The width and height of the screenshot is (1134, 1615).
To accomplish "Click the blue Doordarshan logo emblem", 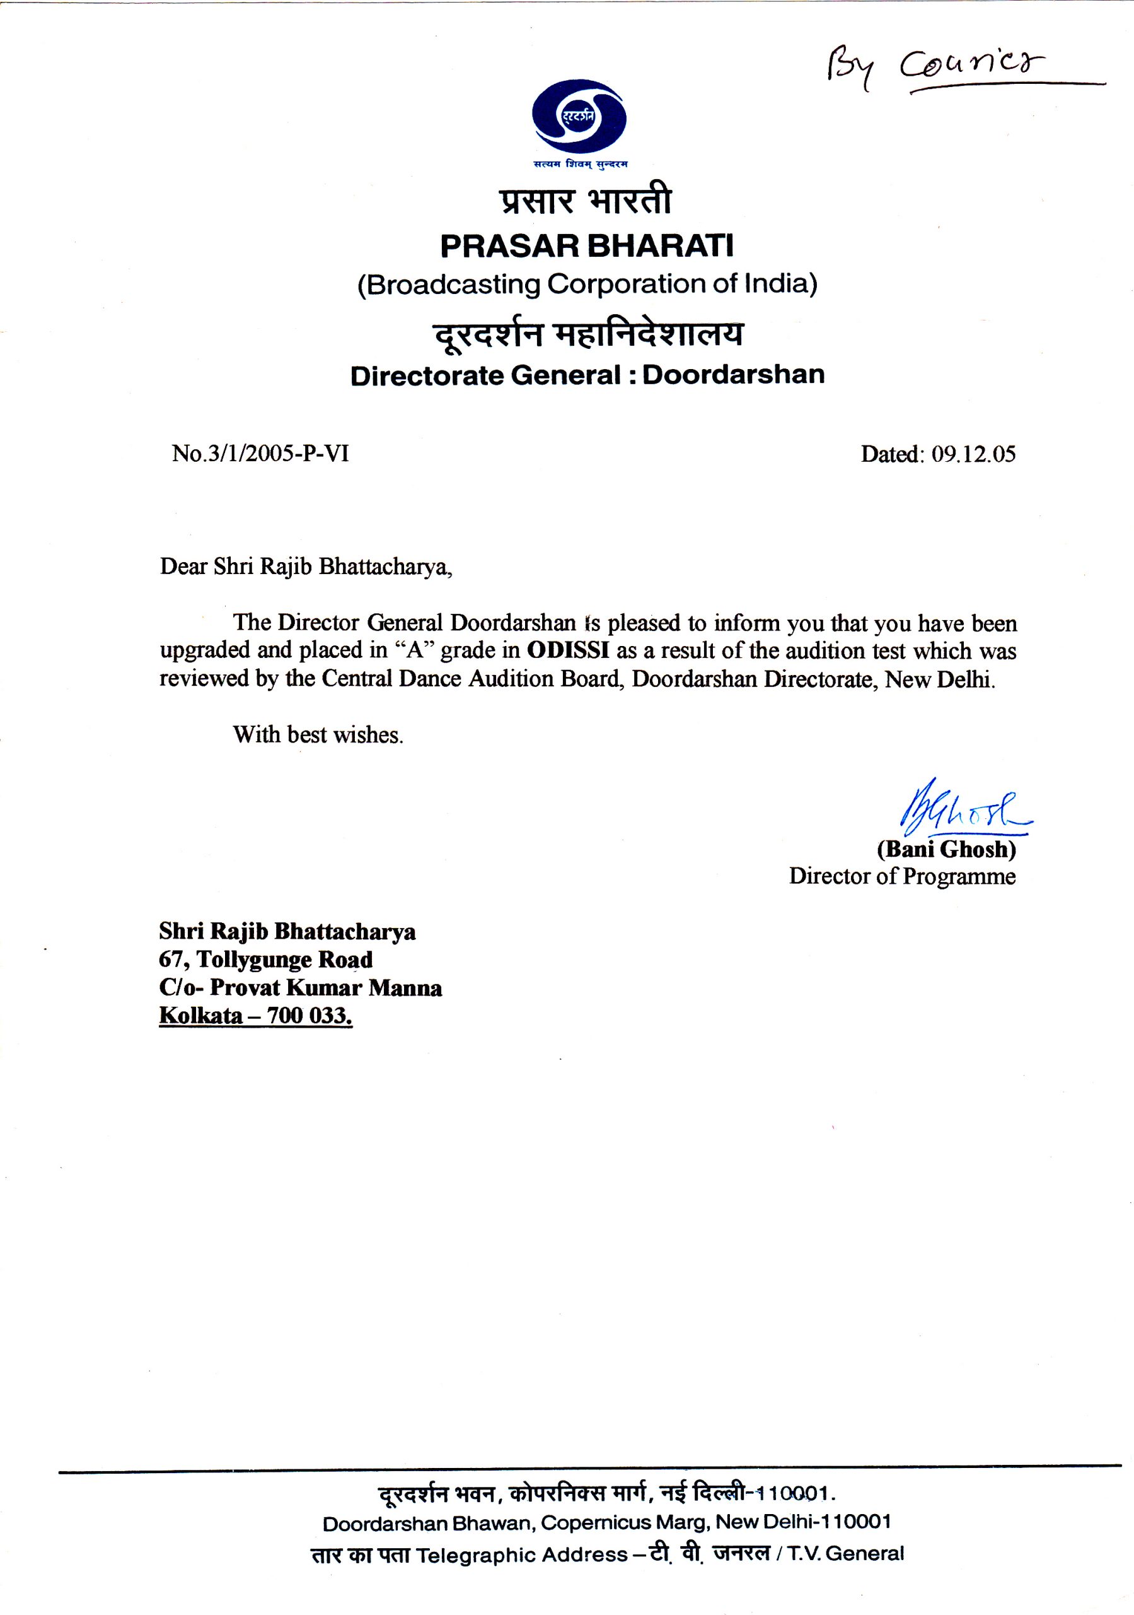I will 579,117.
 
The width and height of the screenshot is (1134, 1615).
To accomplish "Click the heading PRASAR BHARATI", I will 586,245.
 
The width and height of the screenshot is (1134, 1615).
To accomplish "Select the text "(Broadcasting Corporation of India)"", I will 587,284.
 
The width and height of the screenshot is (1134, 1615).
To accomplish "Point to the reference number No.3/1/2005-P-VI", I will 260,454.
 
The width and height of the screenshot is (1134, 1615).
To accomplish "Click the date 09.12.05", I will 973,454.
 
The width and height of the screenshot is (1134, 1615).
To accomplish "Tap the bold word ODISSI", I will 567,650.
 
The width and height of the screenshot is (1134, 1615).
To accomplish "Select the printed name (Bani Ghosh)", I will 946,850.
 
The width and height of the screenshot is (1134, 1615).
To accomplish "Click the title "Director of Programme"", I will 902,876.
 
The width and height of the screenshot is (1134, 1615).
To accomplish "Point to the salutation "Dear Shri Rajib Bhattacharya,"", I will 306,567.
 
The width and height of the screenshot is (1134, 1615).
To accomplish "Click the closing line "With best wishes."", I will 318,735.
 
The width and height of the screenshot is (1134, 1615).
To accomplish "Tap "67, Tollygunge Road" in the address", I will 266,960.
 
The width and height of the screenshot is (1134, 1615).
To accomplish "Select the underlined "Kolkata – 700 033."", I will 255,1016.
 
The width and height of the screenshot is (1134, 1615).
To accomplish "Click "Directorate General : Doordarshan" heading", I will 587,375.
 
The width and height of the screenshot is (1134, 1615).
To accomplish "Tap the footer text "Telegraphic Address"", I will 522,1554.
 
